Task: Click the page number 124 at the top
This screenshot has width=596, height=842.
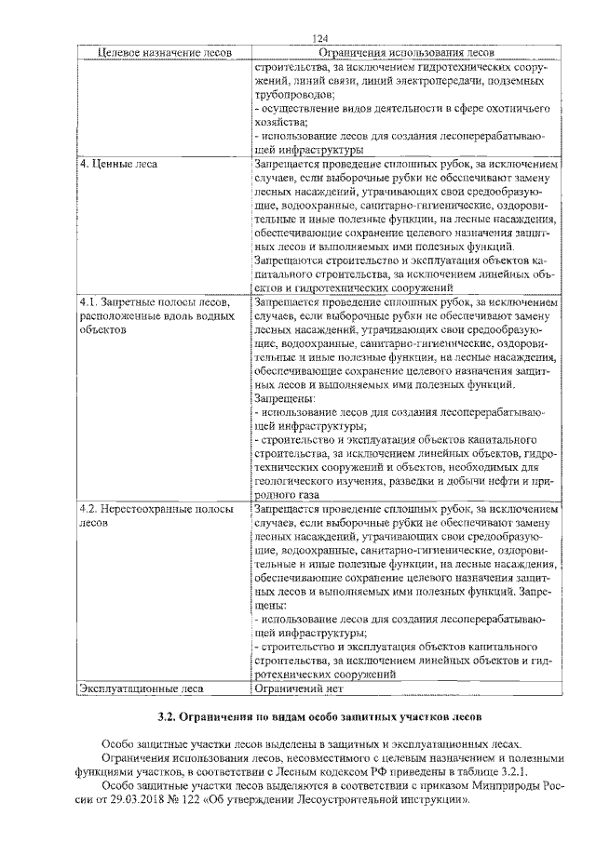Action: [x=321, y=38]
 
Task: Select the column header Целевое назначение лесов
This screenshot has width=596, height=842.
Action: [x=152, y=52]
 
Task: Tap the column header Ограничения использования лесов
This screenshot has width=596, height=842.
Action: [x=406, y=52]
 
